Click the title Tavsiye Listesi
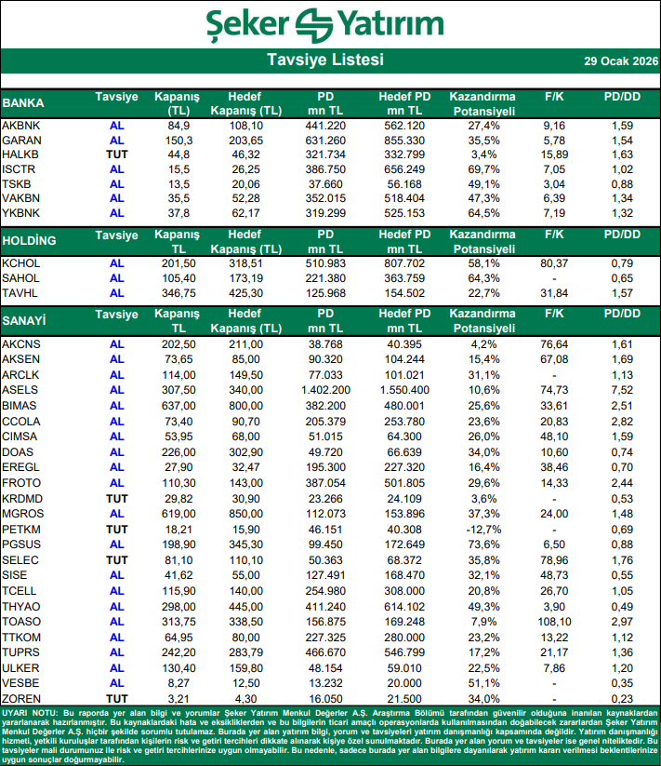324,60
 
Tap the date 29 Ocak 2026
620,61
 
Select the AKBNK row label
20,125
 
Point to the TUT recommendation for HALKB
116,154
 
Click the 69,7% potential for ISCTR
479,168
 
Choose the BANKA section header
23,102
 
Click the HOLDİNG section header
30,241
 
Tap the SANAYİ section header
25,321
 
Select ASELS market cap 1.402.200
325,389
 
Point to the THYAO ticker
21,606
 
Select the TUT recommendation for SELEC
116,559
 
